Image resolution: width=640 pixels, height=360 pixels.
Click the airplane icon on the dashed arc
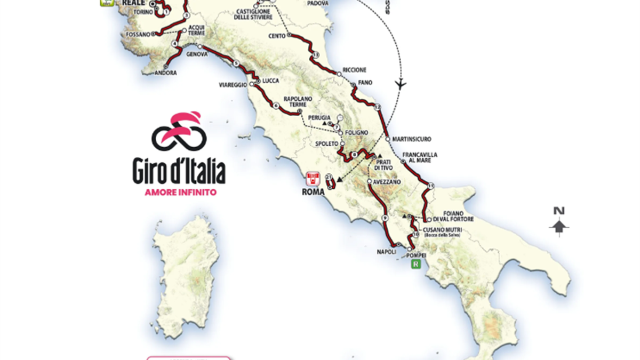click(401, 84)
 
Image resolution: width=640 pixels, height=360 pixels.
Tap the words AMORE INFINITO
click(180, 192)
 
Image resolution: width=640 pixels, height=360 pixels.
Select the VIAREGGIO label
click(233, 85)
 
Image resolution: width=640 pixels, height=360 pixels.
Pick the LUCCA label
click(269, 81)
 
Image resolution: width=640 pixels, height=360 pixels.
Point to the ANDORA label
click(166, 73)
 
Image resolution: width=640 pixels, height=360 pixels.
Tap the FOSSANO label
click(138, 34)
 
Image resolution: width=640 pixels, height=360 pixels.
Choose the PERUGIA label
click(319, 117)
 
